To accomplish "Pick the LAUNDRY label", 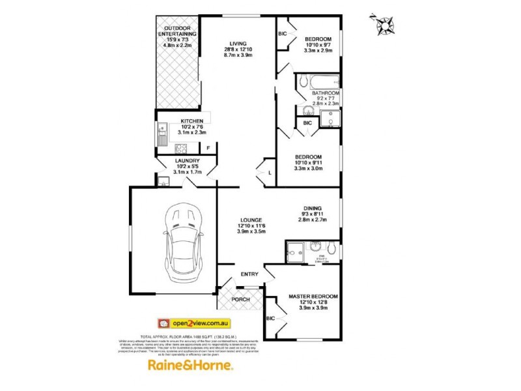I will (x=190, y=160).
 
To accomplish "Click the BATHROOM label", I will (x=325, y=93).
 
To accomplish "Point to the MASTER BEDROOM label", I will (x=313, y=297).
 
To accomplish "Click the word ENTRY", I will (x=249, y=274).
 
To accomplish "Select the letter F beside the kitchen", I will (x=208, y=149).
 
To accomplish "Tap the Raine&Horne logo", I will (x=190, y=366).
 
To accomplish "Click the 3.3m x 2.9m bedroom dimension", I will (x=319, y=50).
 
